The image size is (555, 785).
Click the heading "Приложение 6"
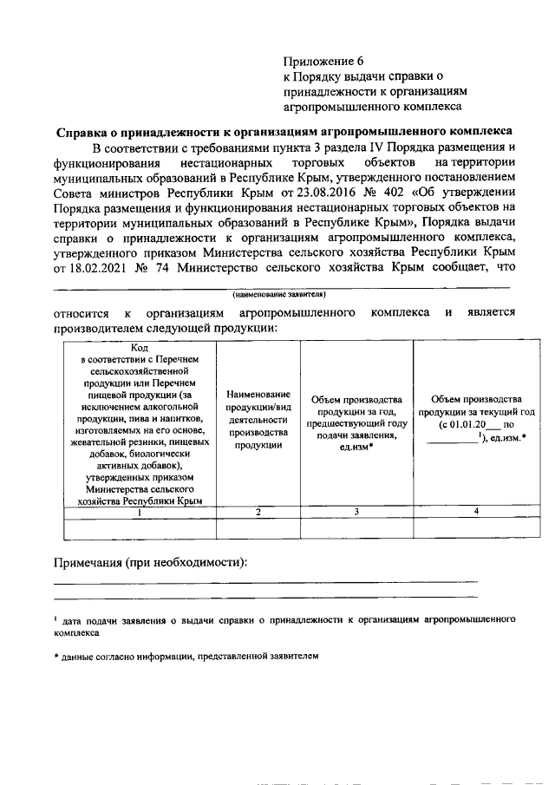325,61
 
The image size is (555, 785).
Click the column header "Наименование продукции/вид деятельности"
258,419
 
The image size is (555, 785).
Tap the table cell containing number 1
134,512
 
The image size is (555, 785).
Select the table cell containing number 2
258,512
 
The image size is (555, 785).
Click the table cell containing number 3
356,512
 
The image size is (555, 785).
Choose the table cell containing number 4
475,512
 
